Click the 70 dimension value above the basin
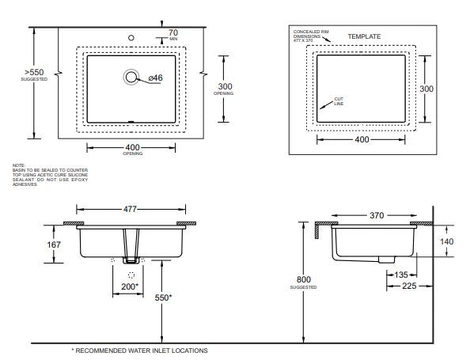point(173,32)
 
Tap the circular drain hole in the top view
point(131,77)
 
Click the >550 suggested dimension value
point(34,71)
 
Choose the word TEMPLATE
point(365,36)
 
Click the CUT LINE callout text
point(339,101)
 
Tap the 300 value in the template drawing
point(426,89)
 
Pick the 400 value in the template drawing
point(362,139)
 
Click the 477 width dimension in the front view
point(131,210)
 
